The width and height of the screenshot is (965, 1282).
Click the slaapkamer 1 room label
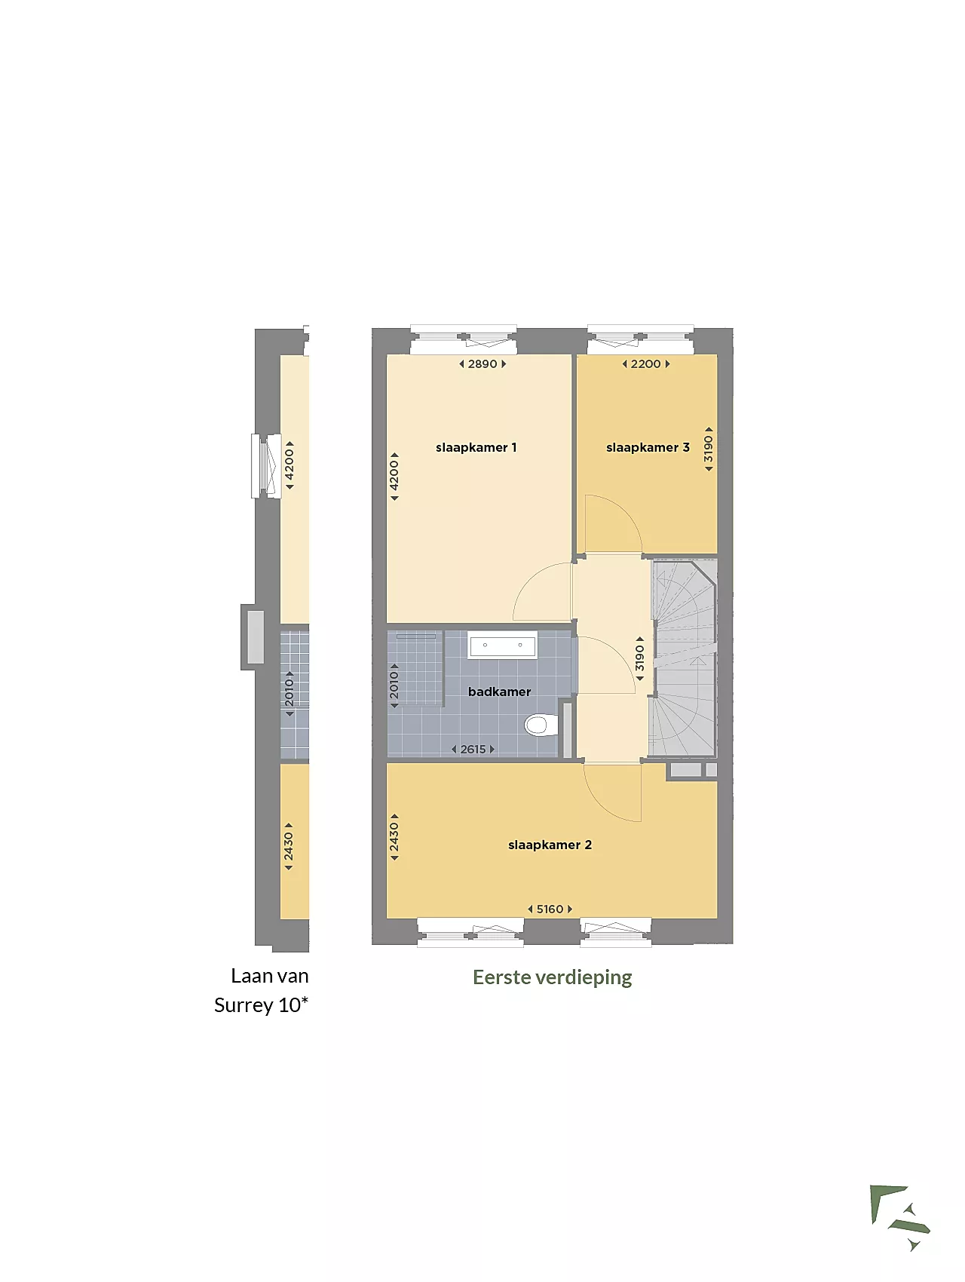476,447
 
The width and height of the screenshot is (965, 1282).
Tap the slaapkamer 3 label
648,447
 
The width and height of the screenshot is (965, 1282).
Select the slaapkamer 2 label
550,845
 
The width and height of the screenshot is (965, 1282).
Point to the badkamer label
499,692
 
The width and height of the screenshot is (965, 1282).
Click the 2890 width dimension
482,364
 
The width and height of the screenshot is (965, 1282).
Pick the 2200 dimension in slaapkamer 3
645,364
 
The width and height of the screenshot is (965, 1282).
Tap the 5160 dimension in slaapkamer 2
550,909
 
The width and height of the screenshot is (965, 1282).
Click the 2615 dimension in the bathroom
473,750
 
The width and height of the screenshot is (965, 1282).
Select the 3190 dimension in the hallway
640,658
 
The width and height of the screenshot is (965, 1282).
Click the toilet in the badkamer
540,725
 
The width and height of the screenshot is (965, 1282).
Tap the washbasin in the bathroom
502,646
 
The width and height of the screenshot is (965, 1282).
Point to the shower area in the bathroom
415,668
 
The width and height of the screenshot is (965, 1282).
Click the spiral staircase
684,658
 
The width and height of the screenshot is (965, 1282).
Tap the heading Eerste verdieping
553,978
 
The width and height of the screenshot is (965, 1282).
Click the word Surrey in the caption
244,1006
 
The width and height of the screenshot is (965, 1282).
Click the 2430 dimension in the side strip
289,846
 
